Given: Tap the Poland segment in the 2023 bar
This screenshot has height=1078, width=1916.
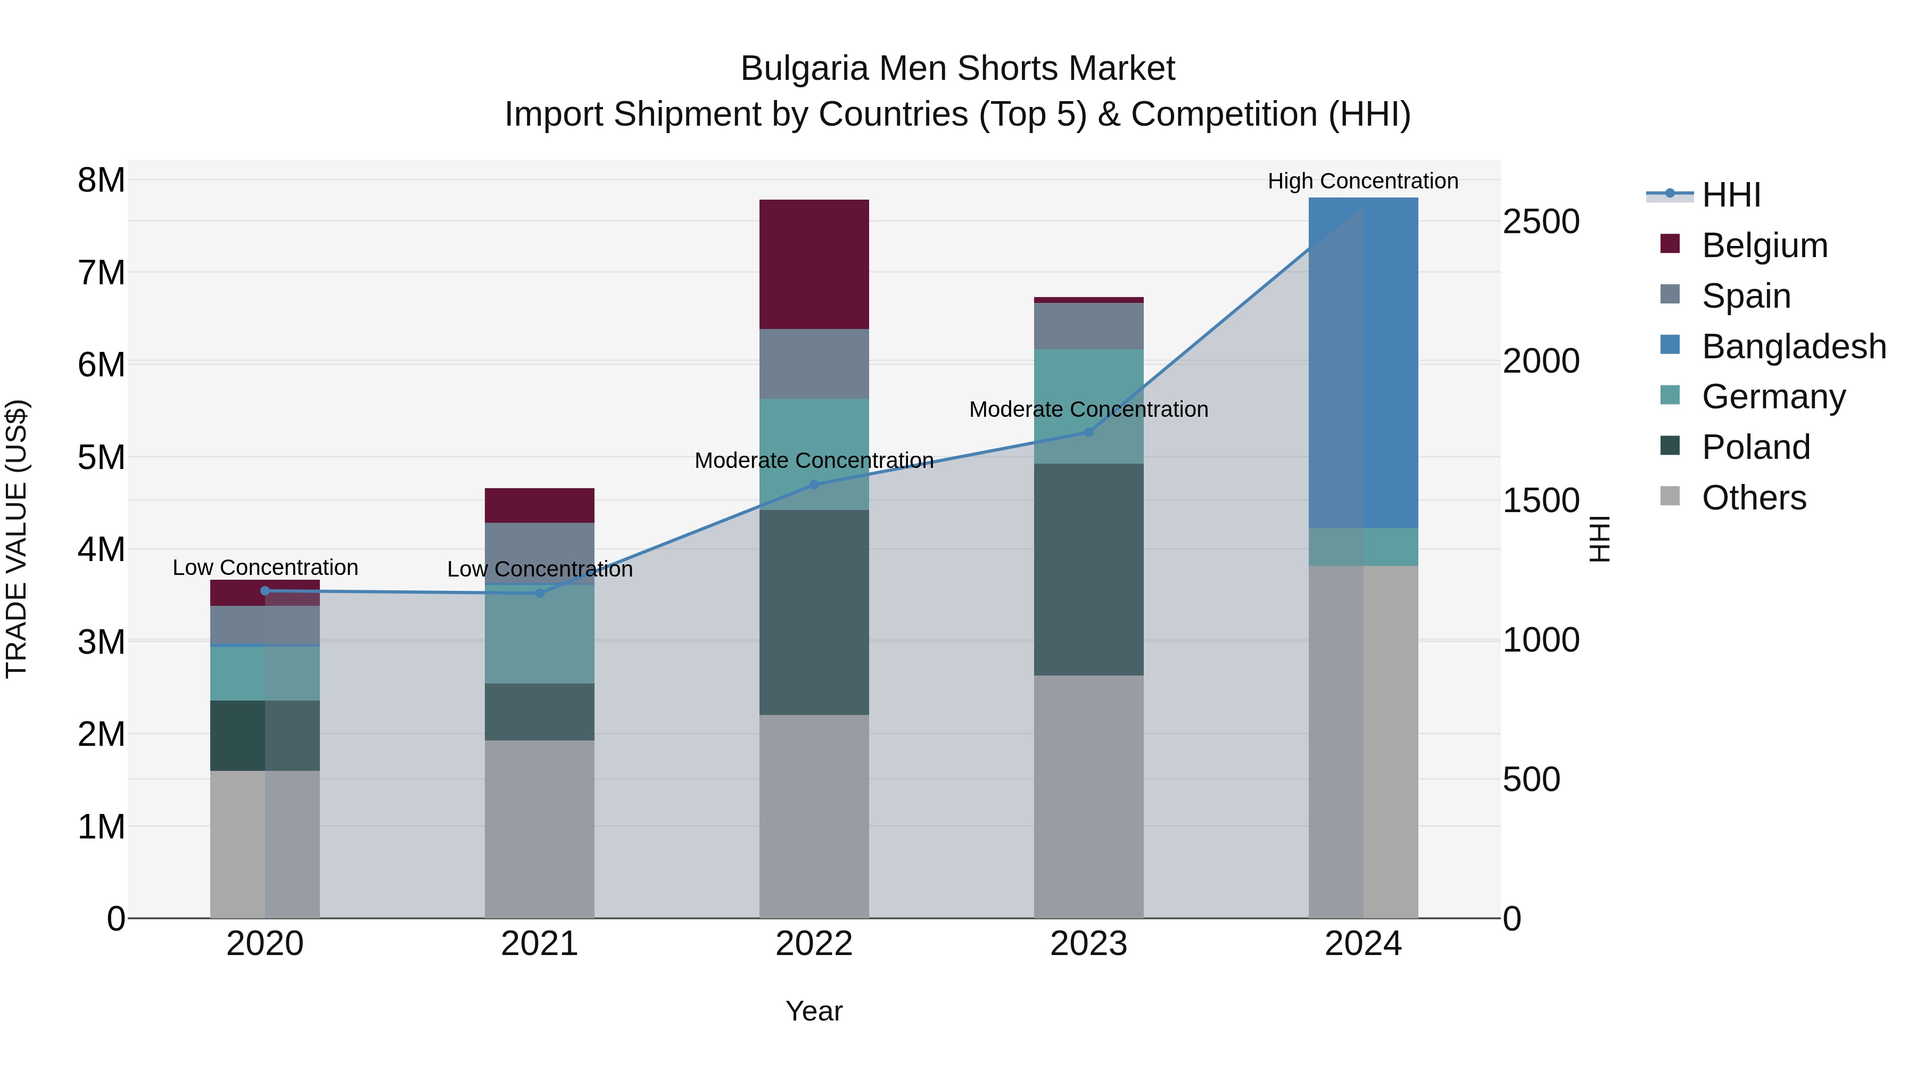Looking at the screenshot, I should coord(1088,569).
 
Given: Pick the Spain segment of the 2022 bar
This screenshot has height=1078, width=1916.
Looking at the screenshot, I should coord(814,364).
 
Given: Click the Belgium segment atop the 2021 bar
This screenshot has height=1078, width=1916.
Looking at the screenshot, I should coord(539,505).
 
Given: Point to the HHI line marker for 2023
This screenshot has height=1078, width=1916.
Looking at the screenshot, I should coord(1088,432).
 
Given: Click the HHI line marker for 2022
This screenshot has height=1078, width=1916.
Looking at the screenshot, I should coord(814,484).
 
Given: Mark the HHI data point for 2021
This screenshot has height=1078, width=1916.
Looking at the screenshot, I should coord(539,593).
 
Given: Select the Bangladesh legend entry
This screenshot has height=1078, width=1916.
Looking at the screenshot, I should coord(1793,347).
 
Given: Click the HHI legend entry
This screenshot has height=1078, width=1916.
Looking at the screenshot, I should coord(1731,195).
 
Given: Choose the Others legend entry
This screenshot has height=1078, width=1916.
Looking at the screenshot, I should coord(1753,498).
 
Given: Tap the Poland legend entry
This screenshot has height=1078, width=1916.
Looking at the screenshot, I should coord(1755,447).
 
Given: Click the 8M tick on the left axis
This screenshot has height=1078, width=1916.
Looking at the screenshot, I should coord(101,180).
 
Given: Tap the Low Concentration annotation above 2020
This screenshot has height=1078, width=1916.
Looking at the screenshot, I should coord(265,567).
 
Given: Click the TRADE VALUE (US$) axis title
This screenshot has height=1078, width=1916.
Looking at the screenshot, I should coord(16,539).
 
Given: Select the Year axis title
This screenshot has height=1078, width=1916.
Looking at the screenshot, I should coord(814,1011).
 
